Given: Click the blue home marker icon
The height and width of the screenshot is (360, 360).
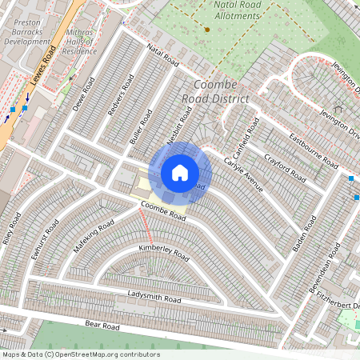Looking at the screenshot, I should click(x=180, y=172).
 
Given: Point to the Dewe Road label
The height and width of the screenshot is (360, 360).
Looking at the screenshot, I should click(x=83, y=94).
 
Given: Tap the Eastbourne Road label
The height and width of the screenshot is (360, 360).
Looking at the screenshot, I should click(x=314, y=149).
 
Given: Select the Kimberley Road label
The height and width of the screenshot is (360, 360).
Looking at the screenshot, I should click(x=163, y=254).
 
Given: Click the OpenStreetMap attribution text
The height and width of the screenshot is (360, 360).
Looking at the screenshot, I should click(x=81, y=354).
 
